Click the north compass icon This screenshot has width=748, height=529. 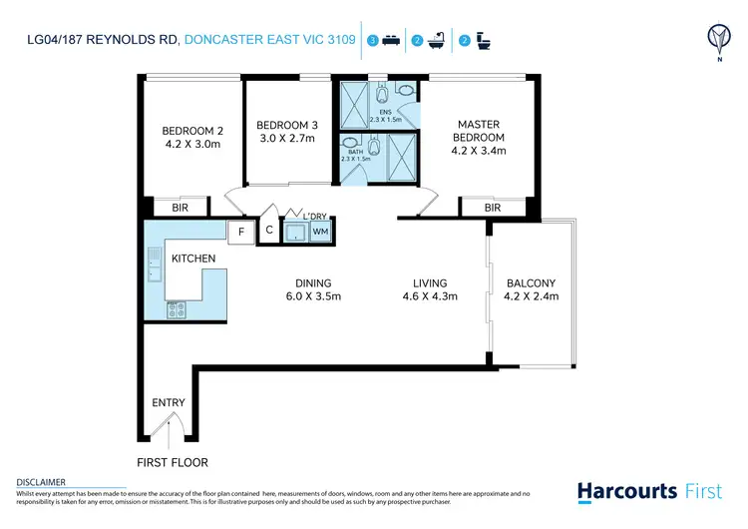click(715, 39)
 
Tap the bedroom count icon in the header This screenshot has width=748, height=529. click(385, 41)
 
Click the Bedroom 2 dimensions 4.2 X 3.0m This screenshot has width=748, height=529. click(191, 144)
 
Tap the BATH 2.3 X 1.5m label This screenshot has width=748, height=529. click(356, 155)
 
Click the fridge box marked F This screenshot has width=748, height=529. click(240, 233)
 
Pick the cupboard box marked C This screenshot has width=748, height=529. click(268, 232)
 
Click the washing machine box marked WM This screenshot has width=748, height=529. click(320, 233)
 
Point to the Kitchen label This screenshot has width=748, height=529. click(193, 259)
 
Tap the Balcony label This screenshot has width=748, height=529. click(532, 283)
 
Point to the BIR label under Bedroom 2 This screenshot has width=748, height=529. click(181, 208)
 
